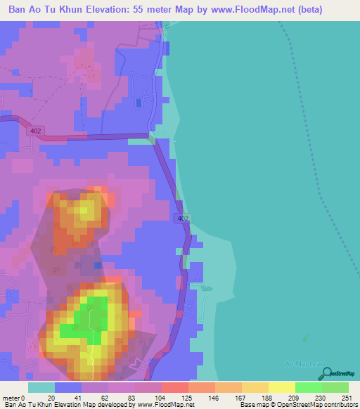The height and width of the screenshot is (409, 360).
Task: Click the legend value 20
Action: click(x=51, y=398)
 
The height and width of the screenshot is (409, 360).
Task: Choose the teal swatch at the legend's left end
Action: click(x=41, y=387)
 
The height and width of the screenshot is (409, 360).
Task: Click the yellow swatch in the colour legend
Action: click(x=281, y=387)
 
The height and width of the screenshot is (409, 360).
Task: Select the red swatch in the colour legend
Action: click(x=175, y=387)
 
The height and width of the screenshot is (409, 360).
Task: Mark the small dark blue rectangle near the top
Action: click(x=139, y=103)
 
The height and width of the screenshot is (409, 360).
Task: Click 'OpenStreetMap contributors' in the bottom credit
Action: click(x=316, y=405)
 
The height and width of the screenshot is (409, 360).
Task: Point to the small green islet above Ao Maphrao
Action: click(x=304, y=337)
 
